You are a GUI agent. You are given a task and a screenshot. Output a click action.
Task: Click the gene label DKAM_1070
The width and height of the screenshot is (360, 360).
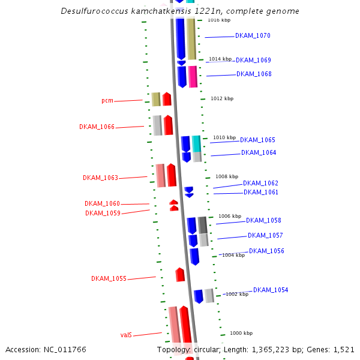click(253, 36)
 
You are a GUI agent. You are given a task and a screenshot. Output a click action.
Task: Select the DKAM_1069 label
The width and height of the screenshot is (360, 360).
click(253, 61)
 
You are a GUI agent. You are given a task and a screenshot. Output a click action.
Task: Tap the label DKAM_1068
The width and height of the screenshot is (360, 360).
click(254, 74)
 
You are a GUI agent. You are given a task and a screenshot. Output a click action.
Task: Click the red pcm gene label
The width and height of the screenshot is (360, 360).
click(107, 101)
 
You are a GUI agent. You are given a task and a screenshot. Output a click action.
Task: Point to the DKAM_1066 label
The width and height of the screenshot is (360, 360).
click(97, 127)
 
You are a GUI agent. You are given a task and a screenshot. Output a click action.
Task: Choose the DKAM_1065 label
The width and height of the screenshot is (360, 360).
click(257, 140)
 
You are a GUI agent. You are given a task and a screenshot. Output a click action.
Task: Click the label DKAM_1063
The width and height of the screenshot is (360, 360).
click(100, 178)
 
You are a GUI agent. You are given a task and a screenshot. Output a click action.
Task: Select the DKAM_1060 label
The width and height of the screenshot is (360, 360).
click(102, 204)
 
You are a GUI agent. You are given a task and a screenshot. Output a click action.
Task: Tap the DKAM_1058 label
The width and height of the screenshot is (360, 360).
click(263, 221)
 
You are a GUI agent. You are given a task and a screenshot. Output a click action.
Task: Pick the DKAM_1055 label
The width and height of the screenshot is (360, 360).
click(109, 279)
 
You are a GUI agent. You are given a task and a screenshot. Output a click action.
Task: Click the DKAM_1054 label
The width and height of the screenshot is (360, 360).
click(271, 290)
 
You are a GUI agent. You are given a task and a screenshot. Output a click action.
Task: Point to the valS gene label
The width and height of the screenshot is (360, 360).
click(126, 335)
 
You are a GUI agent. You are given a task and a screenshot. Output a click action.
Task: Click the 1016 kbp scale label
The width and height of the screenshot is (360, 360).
click(219, 20)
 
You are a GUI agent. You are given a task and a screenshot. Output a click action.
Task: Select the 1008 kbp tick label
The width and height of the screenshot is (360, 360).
click(227, 177)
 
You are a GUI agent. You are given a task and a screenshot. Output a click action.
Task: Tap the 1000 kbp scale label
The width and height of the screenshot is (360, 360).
click(241, 333)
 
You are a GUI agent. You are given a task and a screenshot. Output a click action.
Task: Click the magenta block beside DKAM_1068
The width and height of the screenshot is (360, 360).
click(193, 77)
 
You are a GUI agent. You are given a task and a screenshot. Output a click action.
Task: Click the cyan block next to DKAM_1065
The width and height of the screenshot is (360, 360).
click(196, 143)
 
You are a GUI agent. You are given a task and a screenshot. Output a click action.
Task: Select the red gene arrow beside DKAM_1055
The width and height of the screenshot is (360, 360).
click(180, 275)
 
